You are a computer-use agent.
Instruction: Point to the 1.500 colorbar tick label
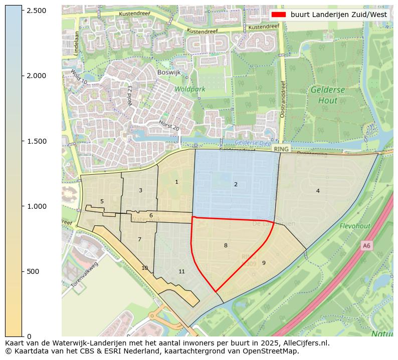tap(36, 141)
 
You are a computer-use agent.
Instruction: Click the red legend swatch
tap(278, 15)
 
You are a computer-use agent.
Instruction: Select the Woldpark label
tap(190, 89)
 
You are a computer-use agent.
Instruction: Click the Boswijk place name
tap(168, 72)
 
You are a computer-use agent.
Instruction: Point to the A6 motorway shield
tap(366, 245)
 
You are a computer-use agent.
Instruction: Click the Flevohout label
tap(355, 226)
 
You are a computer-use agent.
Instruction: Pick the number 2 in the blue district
tap(236, 185)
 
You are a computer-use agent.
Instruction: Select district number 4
tap(318, 191)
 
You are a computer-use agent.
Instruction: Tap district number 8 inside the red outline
tap(226, 245)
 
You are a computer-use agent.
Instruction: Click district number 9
tap(264, 263)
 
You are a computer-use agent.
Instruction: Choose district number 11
tap(181, 272)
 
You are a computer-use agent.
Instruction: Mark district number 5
tap(102, 202)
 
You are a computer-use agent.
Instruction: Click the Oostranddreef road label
tap(283, 100)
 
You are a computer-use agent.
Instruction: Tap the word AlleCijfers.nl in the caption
tap(306, 343)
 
